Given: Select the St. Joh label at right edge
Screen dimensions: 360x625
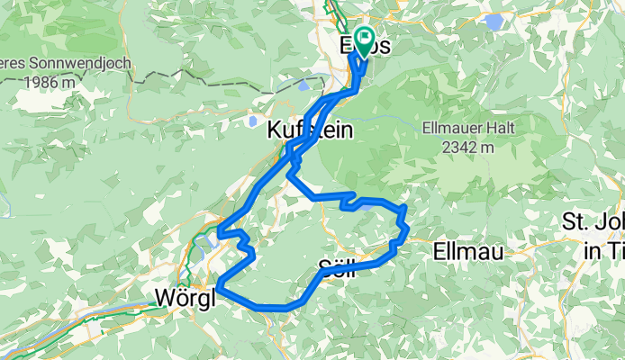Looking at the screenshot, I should pos(592,221).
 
